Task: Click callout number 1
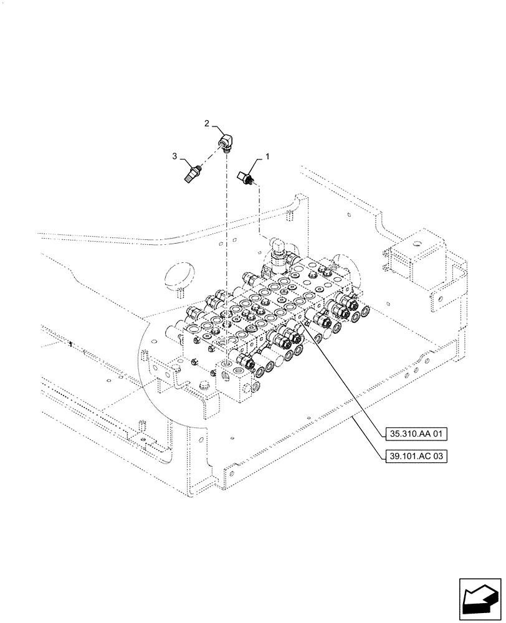[x=268, y=158]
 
